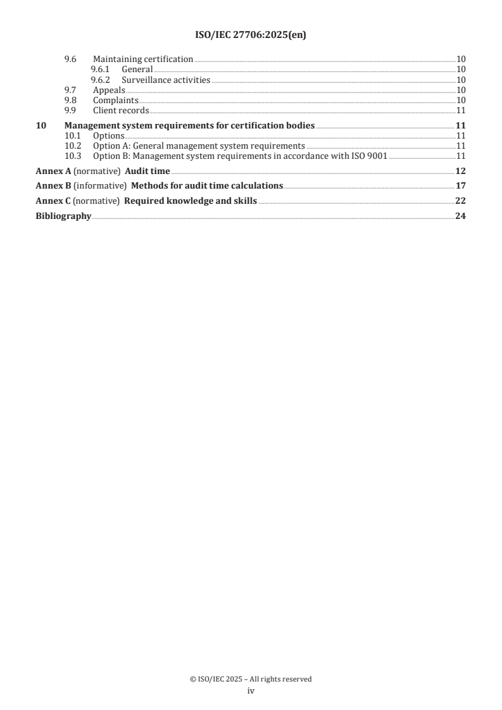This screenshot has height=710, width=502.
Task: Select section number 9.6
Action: [70, 59]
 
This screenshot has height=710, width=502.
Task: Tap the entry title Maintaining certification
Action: [143, 59]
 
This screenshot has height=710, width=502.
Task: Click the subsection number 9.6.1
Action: [101, 69]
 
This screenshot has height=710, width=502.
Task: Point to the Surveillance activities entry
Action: [166, 80]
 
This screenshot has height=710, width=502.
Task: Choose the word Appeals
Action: [109, 90]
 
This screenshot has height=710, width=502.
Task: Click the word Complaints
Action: [116, 100]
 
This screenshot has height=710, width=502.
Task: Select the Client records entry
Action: [121, 110]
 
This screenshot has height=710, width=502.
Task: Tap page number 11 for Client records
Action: [461, 110]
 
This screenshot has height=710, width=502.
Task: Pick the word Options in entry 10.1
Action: [109, 135]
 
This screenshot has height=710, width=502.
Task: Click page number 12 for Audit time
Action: [461, 171]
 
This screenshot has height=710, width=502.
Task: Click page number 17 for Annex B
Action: [461, 186]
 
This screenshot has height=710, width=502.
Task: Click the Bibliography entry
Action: [63, 216]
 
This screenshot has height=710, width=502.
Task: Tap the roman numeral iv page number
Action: [251, 691]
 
